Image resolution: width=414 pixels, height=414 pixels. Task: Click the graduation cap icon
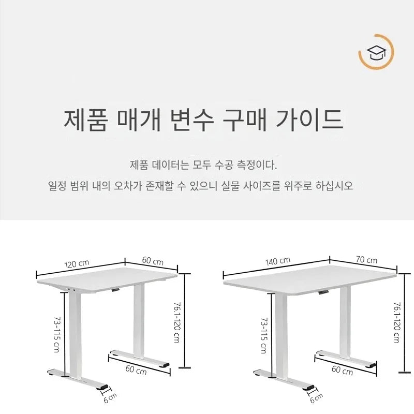[376, 52]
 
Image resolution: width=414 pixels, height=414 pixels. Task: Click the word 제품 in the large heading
[85, 120]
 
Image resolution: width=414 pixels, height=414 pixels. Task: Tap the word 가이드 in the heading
[309, 120]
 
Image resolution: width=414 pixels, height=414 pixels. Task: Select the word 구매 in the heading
[244, 120]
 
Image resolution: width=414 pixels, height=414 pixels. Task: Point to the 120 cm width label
[77, 264]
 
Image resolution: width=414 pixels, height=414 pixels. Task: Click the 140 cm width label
[278, 261]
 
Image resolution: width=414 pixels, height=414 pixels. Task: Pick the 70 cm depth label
[366, 260]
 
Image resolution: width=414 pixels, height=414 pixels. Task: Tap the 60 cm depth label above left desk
[153, 261]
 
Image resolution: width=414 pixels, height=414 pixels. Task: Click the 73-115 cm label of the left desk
[57, 335]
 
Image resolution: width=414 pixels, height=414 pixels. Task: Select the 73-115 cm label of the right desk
[264, 335]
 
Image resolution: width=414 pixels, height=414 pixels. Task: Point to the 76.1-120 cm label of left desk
[177, 322]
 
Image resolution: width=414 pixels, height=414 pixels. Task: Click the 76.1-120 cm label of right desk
[397, 322]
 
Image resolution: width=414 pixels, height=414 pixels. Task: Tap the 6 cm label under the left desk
[110, 398]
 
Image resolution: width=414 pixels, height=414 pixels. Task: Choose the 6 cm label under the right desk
[316, 398]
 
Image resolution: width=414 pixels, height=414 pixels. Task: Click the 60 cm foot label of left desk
[136, 370]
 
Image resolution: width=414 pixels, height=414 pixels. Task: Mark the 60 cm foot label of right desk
[342, 370]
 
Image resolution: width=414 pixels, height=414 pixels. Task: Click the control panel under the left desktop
[115, 290]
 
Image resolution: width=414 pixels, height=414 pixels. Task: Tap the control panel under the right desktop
[323, 292]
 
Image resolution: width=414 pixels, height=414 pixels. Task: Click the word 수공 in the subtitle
[224, 165]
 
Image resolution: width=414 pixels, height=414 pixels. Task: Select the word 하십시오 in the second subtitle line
[334, 186]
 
